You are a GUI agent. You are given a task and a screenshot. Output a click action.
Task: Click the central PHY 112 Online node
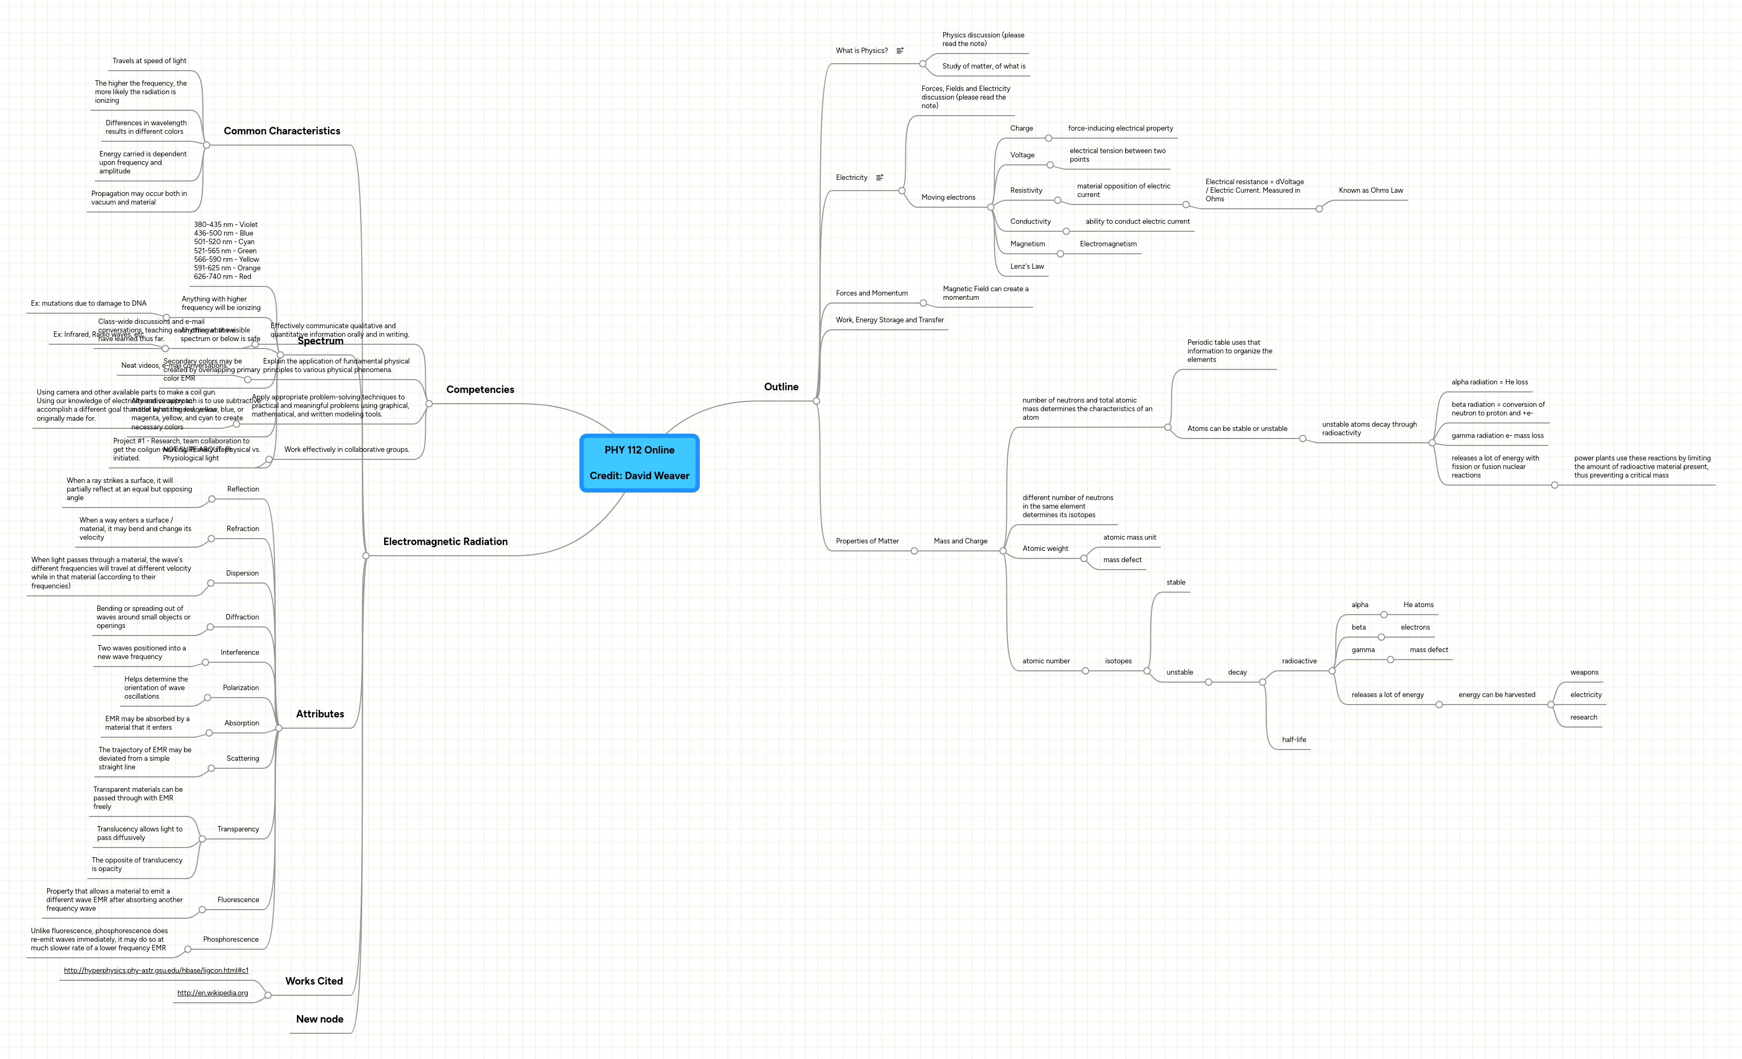639,463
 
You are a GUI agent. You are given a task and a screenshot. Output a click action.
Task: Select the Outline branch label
781,387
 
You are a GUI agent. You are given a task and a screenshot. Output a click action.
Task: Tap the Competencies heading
480,390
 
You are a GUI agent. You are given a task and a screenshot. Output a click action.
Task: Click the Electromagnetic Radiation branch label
445,542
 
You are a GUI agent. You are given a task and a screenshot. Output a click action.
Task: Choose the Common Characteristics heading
281,131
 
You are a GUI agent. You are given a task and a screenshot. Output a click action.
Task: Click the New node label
319,1019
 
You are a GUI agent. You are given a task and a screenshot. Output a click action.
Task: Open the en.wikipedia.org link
212,993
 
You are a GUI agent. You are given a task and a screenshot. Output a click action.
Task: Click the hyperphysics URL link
156,971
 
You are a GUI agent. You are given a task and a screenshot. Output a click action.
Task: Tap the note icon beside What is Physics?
900,51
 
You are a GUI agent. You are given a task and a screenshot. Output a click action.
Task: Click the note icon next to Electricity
880,178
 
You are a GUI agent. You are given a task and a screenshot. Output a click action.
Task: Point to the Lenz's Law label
1027,267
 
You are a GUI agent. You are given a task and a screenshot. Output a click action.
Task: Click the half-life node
1294,740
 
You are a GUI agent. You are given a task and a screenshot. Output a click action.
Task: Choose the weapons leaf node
1584,673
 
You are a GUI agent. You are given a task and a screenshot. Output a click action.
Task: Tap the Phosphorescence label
231,940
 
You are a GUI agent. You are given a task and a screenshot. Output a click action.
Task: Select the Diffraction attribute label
242,618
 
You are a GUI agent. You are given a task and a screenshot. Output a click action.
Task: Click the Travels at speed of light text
149,61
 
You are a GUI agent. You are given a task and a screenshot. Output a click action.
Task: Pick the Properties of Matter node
867,541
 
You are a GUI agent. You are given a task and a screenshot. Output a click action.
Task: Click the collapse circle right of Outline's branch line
816,401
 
